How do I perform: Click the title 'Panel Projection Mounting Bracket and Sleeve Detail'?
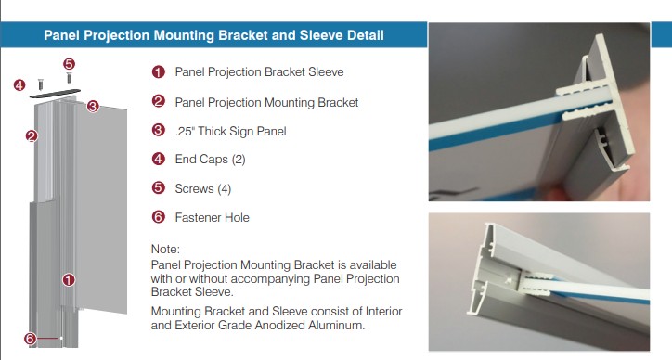[x=213, y=36]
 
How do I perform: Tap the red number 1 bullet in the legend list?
[x=159, y=71]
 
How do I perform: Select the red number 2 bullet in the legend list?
[x=159, y=101]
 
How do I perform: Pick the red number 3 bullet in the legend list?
[x=159, y=131]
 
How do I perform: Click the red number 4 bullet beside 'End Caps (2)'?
[x=159, y=160]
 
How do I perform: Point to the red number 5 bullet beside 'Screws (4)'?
[x=159, y=188]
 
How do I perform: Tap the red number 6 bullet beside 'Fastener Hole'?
[x=159, y=217]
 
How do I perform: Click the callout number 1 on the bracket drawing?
[x=69, y=278]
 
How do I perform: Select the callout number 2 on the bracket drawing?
[x=31, y=136]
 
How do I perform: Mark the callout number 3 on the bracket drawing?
[x=93, y=107]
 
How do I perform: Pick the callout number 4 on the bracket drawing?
[x=19, y=85]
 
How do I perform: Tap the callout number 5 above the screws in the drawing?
[x=69, y=64]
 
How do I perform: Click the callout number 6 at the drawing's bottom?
[x=30, y=339]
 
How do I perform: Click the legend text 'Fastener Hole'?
[x=212, y=217]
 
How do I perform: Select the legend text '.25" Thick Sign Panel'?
[x=230, y=131]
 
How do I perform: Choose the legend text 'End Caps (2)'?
[x=210, y=160]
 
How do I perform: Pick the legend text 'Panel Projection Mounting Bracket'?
[x=266, y=101]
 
